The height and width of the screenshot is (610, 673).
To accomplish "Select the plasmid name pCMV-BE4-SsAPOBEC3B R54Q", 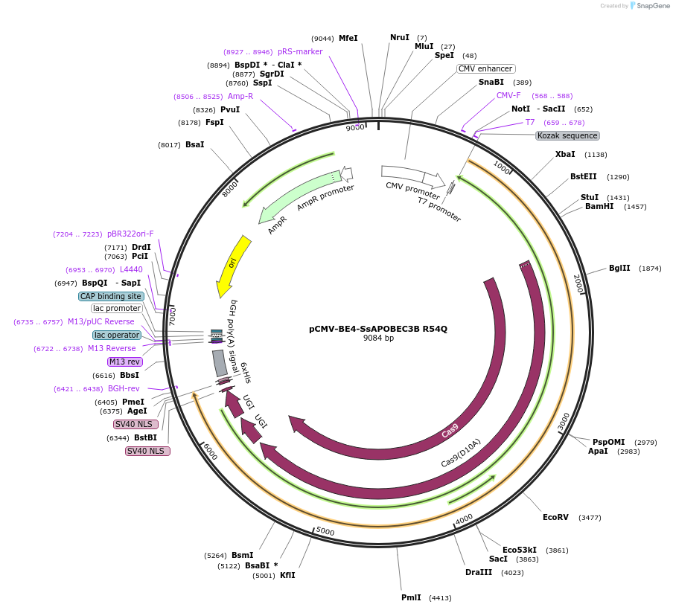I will (378, 328).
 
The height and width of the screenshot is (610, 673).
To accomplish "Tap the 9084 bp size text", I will (378, 338).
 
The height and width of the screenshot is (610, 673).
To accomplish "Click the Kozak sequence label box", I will (567, 135).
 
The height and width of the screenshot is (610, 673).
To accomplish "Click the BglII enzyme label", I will (619, 269).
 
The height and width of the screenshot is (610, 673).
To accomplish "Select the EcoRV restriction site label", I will (555, 517).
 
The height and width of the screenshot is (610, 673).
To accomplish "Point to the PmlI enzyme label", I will (411, 597).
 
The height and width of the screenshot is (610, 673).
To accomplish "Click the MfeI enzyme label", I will (348, 38).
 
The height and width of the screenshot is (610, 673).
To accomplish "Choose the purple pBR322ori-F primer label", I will (130, 234).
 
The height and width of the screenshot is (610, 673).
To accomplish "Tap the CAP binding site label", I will (110, 296).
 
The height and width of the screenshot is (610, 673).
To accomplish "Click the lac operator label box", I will (116, 335).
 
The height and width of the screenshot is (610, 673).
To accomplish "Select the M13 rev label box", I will (124, 362).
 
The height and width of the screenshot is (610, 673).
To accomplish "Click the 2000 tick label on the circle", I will (578, 283).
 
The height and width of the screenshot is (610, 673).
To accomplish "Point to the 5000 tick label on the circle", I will (325, 530).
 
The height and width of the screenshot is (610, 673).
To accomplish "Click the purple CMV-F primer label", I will (508, 95).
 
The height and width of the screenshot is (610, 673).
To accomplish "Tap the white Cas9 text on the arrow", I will (450, 432).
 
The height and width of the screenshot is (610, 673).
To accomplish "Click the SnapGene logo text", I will (649, 6).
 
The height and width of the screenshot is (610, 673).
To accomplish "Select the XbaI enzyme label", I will (565, 155).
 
